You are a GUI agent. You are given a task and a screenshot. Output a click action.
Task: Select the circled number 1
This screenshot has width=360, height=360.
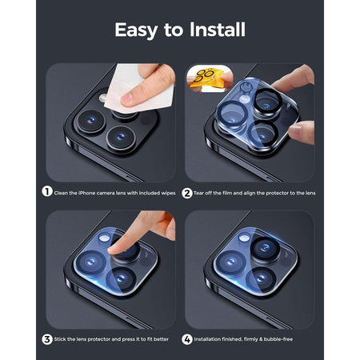[48, 192]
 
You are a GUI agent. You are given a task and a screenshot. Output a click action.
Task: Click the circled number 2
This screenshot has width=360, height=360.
[186, 192]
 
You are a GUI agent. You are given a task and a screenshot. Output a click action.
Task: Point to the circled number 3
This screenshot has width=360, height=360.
[48, 339]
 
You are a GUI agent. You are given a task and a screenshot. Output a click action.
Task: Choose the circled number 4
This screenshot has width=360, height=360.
[186, 339]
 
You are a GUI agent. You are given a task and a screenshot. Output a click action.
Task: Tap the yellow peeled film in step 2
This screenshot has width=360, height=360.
[206, 78]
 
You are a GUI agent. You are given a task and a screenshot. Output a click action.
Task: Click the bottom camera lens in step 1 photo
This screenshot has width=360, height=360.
[122, 133]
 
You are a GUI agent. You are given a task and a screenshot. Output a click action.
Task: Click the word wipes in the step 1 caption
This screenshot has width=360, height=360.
[164, 192]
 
